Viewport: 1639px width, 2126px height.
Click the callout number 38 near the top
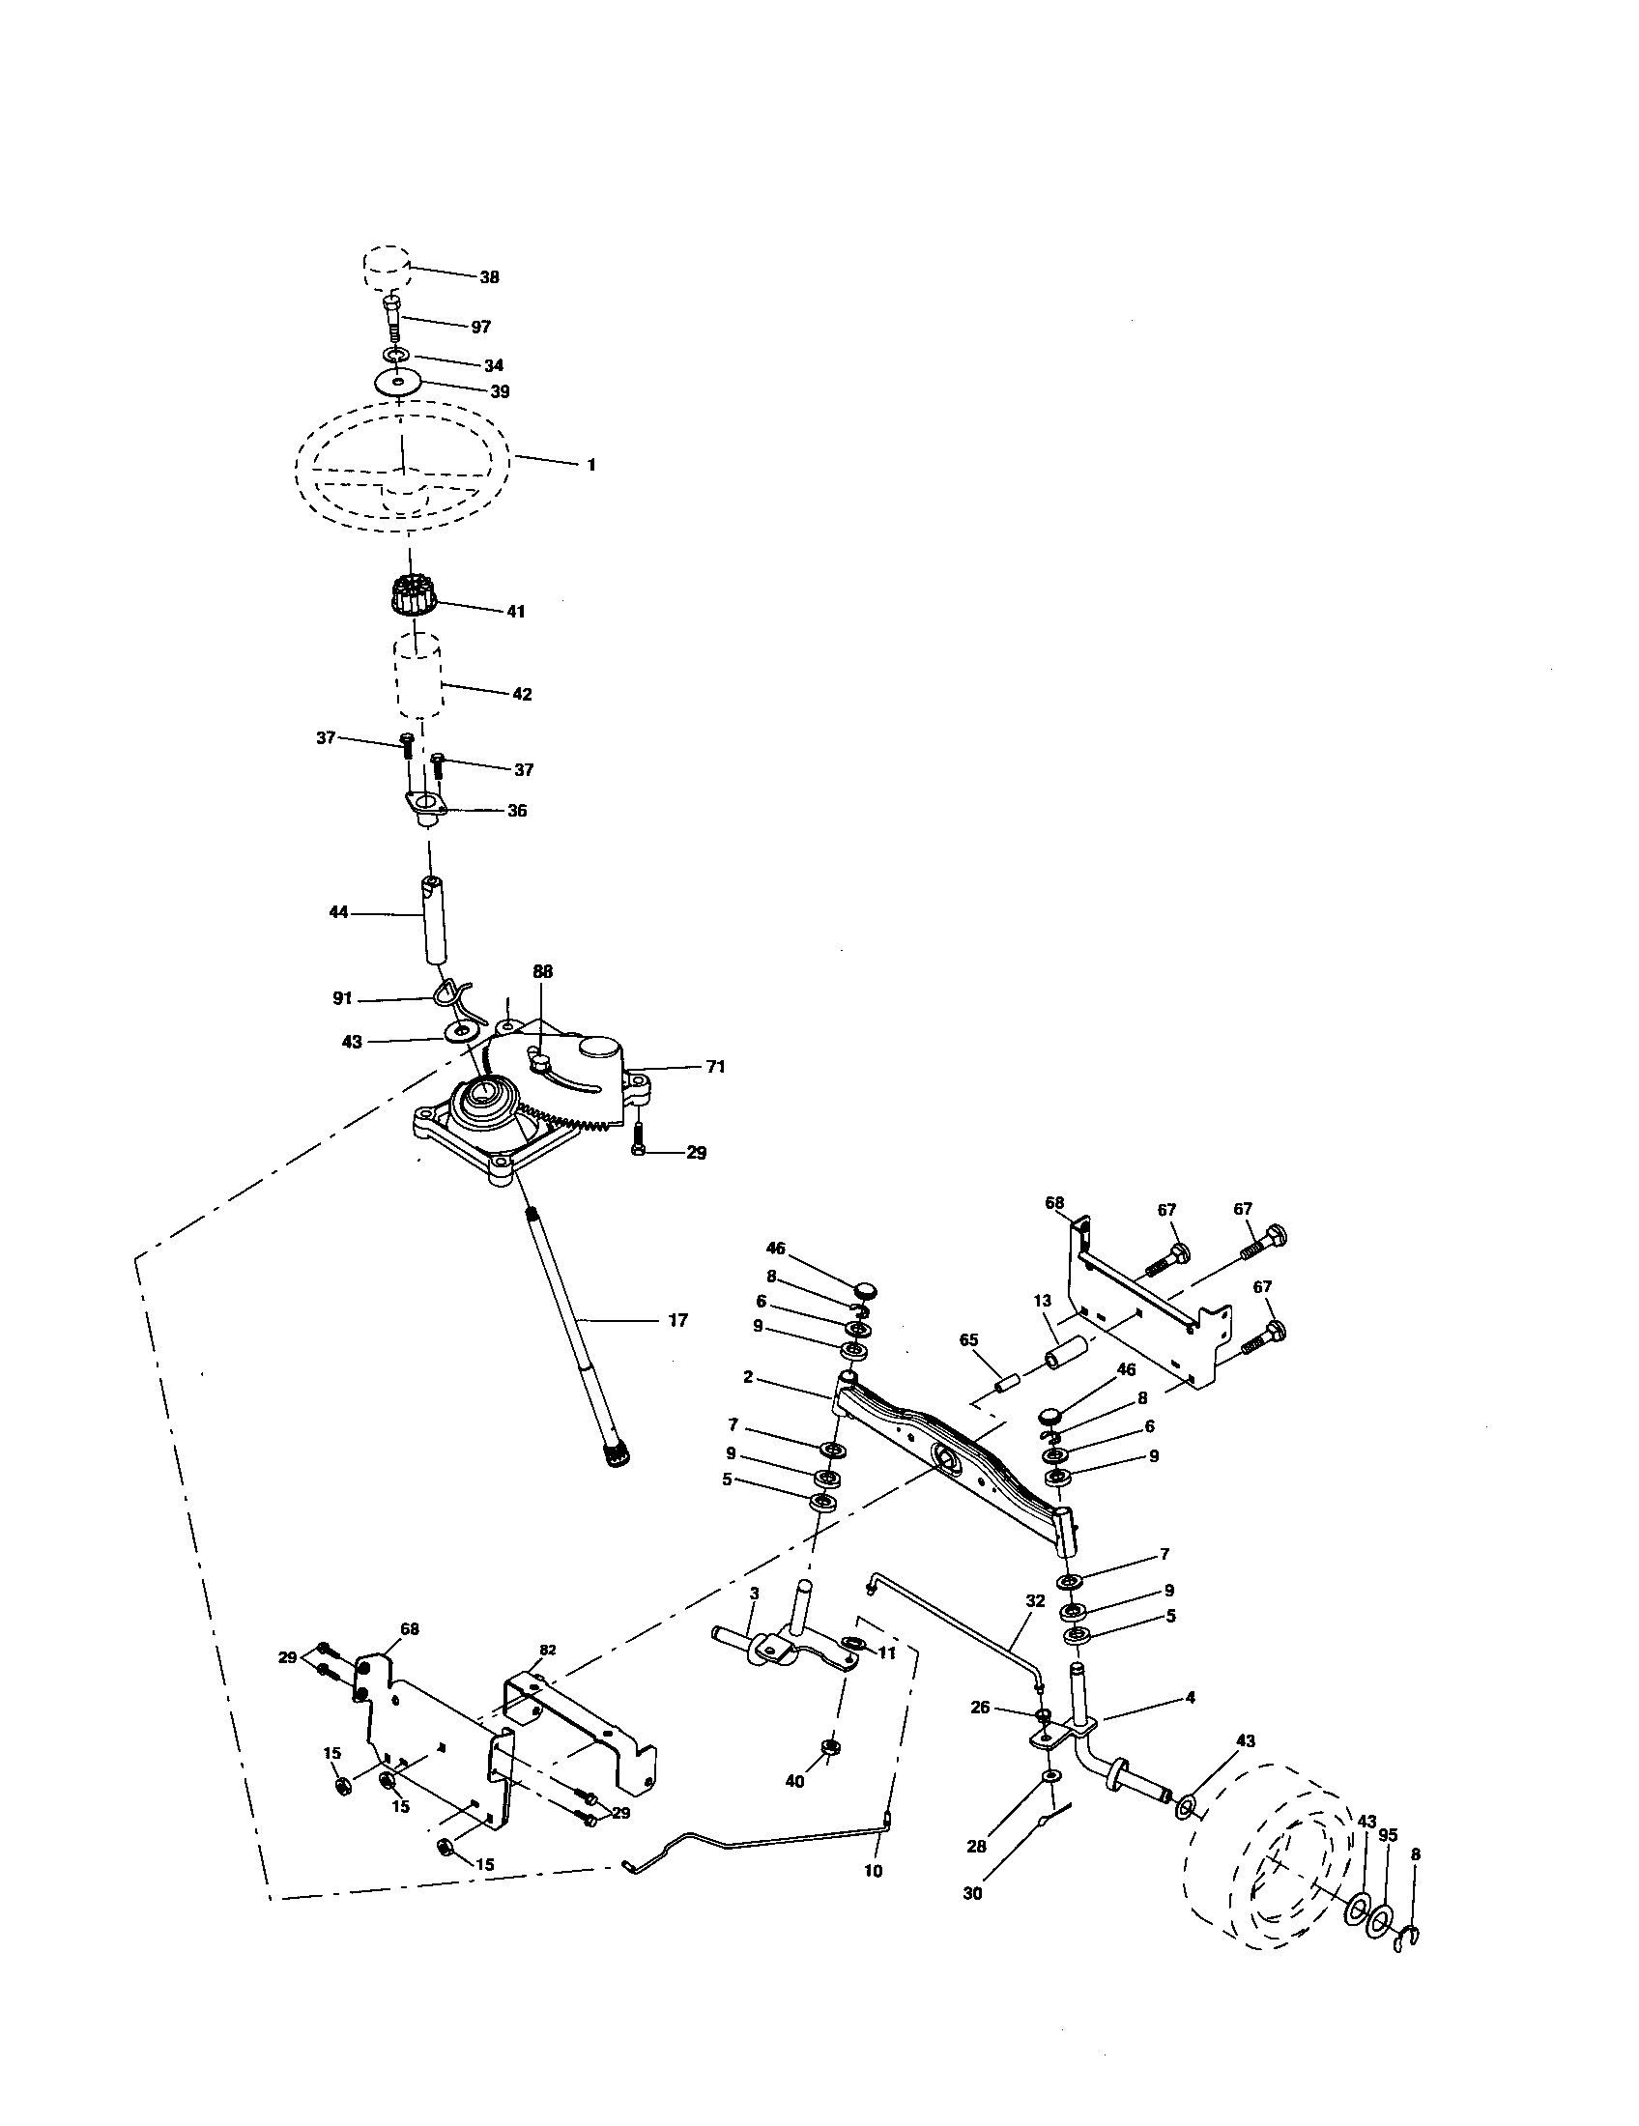point(489,277)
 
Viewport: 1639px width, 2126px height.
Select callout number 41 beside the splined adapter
point(516,612)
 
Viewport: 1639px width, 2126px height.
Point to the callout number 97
point(481,327)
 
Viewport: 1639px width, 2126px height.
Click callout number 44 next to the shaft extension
point(338,913)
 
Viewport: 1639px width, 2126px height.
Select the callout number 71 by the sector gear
point(715,1067)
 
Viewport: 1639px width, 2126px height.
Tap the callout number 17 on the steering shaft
point(677,1320)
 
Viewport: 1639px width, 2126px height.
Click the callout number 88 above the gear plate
point(542,971)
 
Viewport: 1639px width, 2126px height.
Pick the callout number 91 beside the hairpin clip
point(342,999)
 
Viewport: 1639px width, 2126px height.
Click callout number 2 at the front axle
point(747,1376)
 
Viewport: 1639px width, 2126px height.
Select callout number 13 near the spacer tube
point(1043,1300)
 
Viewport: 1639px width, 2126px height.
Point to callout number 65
point(968,1339)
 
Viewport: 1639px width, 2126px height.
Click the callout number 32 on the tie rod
point(1035,1599)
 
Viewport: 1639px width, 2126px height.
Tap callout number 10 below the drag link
point(873,1871)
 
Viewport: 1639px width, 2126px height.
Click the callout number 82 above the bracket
point(548,1650)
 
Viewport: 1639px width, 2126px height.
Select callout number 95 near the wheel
point(1388,1835)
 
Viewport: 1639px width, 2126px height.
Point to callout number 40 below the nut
point(795,1780)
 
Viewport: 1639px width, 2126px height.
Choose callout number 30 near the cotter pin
point(973,1893)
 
